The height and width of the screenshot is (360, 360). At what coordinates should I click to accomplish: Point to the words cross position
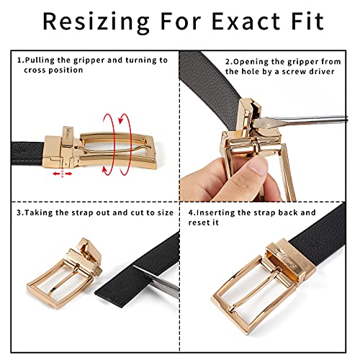click(51, 71)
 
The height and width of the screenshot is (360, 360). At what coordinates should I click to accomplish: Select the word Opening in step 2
click(249, 60)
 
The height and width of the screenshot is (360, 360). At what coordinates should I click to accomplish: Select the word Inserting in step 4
click(235, 213)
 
